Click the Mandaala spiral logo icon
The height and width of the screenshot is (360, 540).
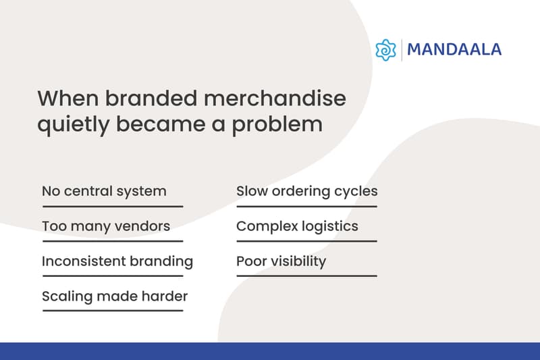click(385, 50)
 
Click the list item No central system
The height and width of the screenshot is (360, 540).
click(104, 191)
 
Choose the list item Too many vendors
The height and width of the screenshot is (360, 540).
click(105, 226)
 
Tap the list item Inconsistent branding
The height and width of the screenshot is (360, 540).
click(117, 261)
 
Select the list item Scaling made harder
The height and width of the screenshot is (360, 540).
click(115, 297)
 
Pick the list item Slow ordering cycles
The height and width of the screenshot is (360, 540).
click(306, 191)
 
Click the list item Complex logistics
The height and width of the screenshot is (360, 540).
click(297, 226)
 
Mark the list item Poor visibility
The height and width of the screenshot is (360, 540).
click(281, 261)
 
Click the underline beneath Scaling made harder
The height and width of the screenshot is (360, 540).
click(113, 311)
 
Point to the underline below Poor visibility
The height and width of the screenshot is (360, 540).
click(306, 276)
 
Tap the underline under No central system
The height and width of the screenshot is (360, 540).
click(113, 205)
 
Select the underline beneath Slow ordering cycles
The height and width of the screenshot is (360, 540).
click(306, 205)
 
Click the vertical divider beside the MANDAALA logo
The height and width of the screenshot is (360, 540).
click(402, 50)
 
